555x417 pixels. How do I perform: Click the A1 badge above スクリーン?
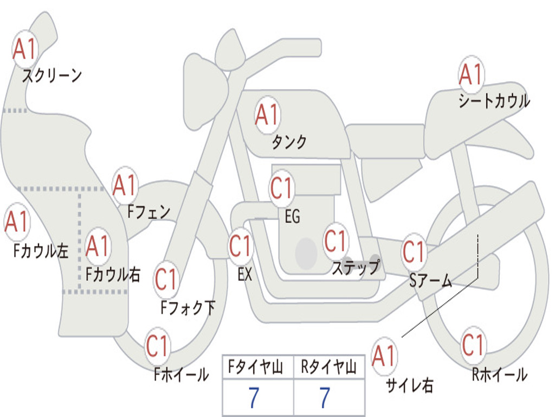[x=25, y=49]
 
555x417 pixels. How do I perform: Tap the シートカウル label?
[x=494, y=100]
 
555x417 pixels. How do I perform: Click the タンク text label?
[x=289, y=142]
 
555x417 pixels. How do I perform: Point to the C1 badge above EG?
[x=282, y=188]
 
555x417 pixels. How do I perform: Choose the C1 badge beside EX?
[x=241, y=246]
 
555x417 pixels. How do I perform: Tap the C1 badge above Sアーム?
[x=414, y=252]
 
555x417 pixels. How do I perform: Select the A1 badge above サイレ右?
[x=384, y=356]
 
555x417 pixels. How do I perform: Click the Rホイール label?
[x=499, y=375]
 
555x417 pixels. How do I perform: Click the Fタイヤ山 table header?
[x=255, y=367]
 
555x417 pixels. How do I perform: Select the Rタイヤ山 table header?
[x=329, y=367]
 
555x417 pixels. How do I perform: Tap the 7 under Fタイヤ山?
[x=254, y=398]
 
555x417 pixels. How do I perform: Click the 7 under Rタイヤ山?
[x=325, y=398]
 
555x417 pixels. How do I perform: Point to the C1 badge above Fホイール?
[x=157, y=346]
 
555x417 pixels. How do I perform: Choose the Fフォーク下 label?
[x=188, y=308]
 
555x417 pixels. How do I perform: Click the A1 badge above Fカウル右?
[x=98, y=246]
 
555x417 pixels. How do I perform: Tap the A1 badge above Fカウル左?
[x=17, y=222]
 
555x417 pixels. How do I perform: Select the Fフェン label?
[x=149, y=212]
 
